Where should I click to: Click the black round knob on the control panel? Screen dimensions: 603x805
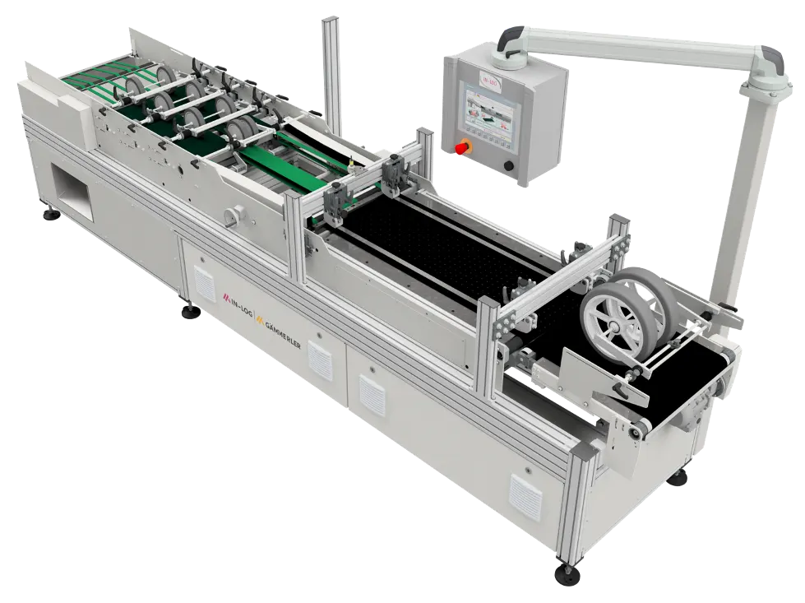click(x=510, y=167)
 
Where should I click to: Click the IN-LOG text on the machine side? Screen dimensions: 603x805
click(x=239, y=297)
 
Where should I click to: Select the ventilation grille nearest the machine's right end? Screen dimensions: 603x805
click(x=525, y=494)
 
